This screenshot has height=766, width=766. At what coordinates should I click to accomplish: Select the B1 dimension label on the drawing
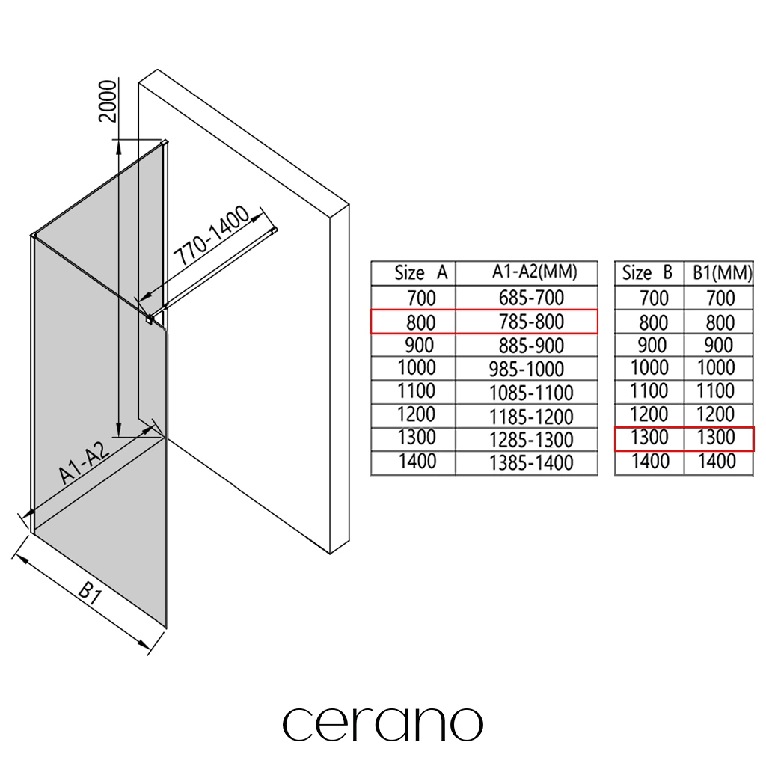(89, 596)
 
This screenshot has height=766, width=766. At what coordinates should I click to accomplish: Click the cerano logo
(382, 723)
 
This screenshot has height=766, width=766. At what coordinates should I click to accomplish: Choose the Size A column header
(420, 273)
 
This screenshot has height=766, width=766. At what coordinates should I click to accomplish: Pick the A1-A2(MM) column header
(533, 272)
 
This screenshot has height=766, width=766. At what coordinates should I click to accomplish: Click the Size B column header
(647, 273)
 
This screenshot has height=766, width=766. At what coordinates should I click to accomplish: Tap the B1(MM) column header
(719, 273)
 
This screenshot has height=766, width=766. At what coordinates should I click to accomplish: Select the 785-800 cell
(531, 322)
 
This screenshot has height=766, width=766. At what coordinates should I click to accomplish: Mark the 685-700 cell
(531, 298)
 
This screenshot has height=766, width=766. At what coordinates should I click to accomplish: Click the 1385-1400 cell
(531, 463)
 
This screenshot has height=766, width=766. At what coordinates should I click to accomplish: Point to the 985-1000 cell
(526, 369)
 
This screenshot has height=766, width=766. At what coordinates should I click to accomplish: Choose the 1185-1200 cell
(531, 416)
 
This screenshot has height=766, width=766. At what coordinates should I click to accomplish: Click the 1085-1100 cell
(531, 393)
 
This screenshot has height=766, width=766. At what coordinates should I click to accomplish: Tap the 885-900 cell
(531, 346)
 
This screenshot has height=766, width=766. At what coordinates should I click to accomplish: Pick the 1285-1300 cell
(531, 440)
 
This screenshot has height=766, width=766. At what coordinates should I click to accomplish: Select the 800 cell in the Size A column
(421, 322)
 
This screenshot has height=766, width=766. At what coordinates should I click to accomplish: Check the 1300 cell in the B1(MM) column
(716, 438)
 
